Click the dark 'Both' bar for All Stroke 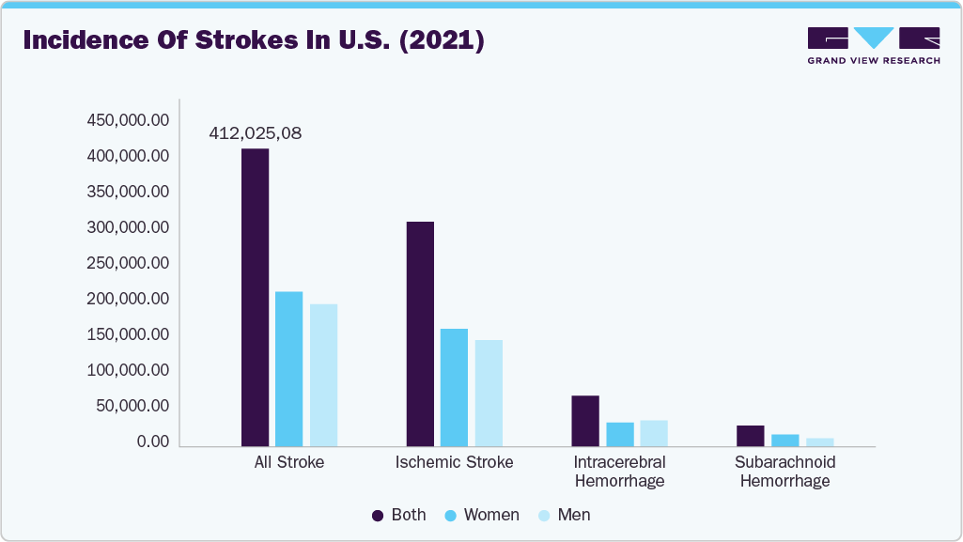point(255,297)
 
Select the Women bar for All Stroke point(288,368)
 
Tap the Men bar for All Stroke point(323,375)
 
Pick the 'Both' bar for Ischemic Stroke point(420,333)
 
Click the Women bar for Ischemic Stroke point(454,387)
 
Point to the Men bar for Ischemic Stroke point(489,393)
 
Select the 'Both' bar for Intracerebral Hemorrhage point(585,421)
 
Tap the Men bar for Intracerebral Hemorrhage point(654,433)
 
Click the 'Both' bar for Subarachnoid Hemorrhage point(750,436)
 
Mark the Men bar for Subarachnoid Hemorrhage point(819,441)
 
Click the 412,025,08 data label point(255,133)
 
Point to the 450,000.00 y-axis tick point(128,120)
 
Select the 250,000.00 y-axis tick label point(128,263)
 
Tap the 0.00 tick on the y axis point(151,441)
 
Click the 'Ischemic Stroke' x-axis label point(454,462)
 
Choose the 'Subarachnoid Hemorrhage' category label point(784,472)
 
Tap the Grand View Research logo point(874,44)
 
